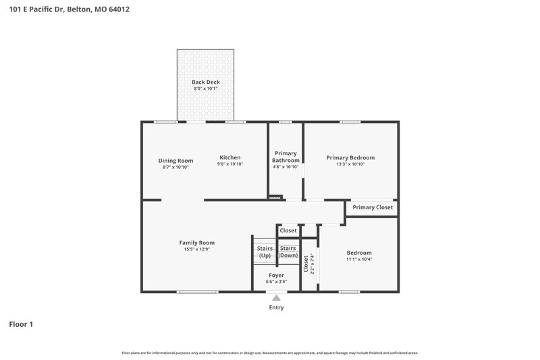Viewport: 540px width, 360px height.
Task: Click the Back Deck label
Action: (x=206, y=82)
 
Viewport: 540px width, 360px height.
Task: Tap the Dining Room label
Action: (x=175, y=161)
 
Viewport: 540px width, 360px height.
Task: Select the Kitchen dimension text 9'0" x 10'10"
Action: (x=230, y=164)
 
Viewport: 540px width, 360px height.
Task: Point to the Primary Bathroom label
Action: (x=286, y=157)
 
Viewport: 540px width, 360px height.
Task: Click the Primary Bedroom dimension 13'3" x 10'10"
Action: (x=350, y=164)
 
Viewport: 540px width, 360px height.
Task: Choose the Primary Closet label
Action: (x=373, y=207)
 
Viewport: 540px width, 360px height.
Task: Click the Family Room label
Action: (x=196, y=242)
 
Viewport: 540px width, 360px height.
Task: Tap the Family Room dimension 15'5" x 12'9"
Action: (x=196, y=249)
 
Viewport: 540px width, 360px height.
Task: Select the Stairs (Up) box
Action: (x=265, y=252)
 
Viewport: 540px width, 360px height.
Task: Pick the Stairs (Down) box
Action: (x=288, y=252)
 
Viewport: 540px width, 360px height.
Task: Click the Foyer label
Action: (x=276, y=275)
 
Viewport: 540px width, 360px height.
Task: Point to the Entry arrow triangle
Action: (x=276, y=297)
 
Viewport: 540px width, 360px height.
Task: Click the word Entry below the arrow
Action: (x=276, y=307)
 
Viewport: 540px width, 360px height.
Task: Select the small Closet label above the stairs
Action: (x=288, y=230)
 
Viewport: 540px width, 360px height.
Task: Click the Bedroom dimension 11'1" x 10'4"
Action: (x=359, y=259)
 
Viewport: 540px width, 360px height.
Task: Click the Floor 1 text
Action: (x=21, y=324)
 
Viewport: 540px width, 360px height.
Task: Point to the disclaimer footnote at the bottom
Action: (x=269, y=353)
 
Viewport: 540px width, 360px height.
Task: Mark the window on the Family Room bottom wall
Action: (x=197, y=292)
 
